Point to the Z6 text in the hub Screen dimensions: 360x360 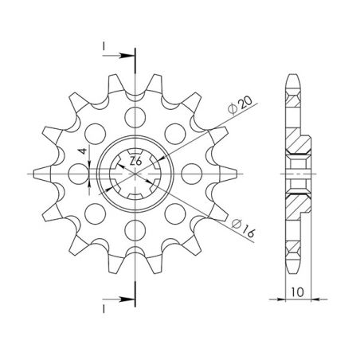pyautogui.click(x=135, y=162)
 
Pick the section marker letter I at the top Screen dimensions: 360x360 pyautogui.click(x=104, y=47)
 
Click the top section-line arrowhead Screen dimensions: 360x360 pyautogui.click(x=128, y=56)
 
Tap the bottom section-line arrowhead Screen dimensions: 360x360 pyautogui.click(x=128, y=299)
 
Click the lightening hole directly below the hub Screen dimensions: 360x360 pyautogui.click(x=135, y=229)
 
